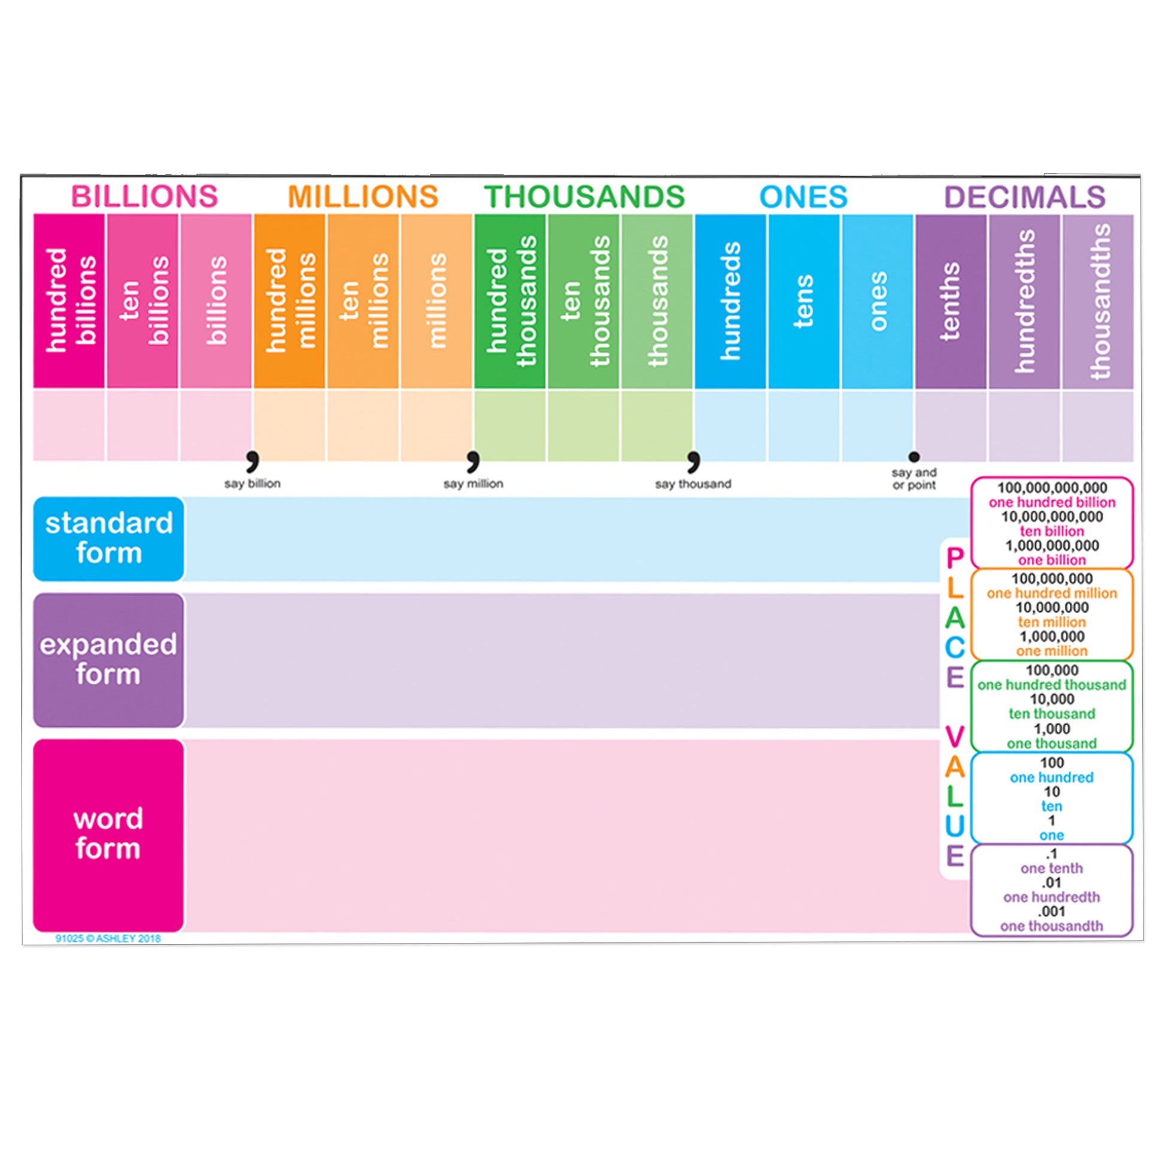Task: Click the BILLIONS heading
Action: click(144, 196)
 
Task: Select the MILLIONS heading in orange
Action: click(363, 196)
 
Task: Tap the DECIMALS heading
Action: click(1024, 197)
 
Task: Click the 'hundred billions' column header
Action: click(69, 301)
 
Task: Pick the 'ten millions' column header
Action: click(362, 301)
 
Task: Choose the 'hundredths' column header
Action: click(1024, 301)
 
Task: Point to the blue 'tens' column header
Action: click(803, 301)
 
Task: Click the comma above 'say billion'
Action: click(253, 461)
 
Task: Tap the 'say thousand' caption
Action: click(693, 484)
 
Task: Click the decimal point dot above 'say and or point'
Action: click(914, 456)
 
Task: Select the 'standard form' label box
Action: click(108, 538)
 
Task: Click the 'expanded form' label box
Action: click(108, 660)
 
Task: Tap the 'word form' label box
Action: click(108, 835)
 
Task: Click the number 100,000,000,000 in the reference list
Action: click(1052, 487)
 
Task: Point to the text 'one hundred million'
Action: click(1052, 593)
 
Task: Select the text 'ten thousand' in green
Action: click(1052, 714)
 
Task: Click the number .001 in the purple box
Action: click(1052, 911)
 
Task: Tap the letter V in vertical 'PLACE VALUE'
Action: click(955, 737)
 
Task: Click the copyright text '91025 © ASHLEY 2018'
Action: click(108, 938)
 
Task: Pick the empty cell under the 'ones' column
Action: click(878, 426)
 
